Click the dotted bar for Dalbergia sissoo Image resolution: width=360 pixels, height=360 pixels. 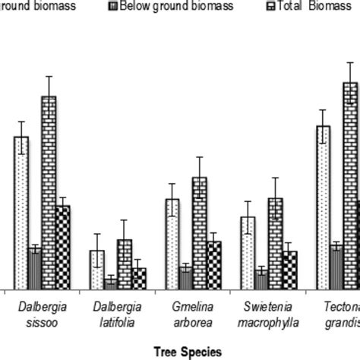[21, 213]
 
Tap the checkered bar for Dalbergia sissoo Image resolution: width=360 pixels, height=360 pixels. [62, 247]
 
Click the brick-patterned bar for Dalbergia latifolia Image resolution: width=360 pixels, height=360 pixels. [124, 264]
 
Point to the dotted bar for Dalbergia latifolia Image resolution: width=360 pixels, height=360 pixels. [96, 269]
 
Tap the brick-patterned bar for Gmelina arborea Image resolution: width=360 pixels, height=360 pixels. [199, 232]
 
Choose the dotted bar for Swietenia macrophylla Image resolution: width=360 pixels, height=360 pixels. [248, 252]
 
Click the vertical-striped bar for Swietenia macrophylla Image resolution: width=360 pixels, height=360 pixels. [261, 279]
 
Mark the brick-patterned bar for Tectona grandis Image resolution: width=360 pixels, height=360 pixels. [349, 185]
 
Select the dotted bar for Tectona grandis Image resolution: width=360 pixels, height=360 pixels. [323, 207]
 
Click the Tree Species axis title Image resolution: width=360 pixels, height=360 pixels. [187, 351]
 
